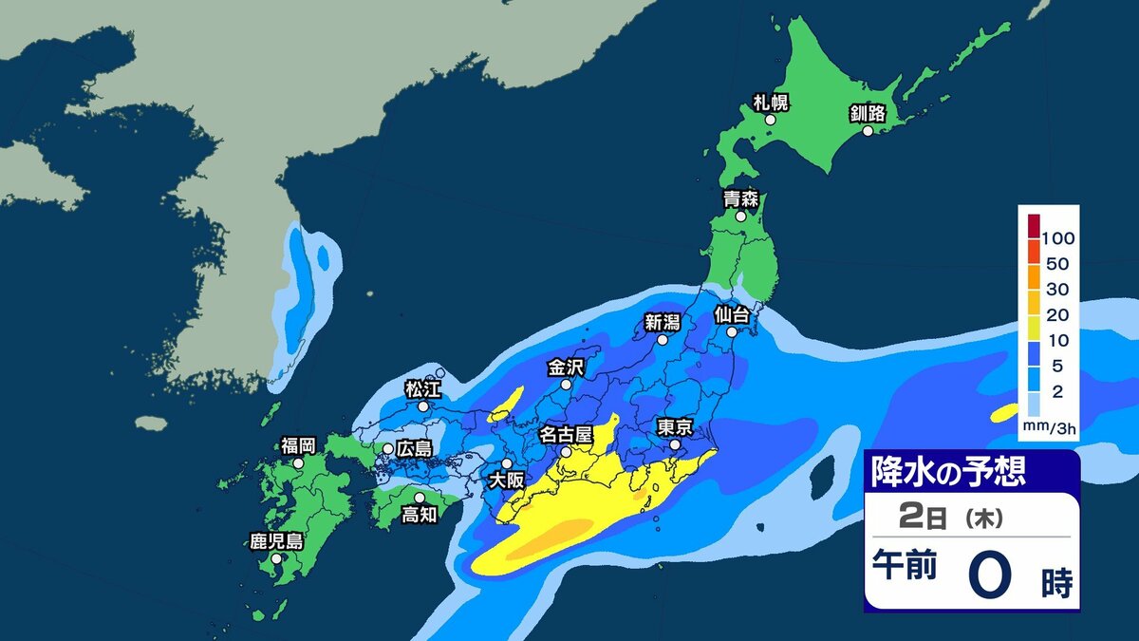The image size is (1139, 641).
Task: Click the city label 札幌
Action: pos(771,103)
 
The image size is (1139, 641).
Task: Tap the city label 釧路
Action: pos(867,113)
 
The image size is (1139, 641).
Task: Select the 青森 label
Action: pos(740,198)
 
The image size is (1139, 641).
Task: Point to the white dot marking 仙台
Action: pos(733,333)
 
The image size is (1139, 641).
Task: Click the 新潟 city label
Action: pos(663,321)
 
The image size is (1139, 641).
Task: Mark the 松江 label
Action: pos(422,387)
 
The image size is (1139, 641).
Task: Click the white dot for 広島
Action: pos(388,448)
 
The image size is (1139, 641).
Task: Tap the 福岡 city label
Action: pos(298,444)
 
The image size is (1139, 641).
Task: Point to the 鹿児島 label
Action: pos(276,541)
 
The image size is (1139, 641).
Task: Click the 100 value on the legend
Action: pos(1057,236)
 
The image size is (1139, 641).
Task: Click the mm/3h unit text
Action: pos(1048,428)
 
